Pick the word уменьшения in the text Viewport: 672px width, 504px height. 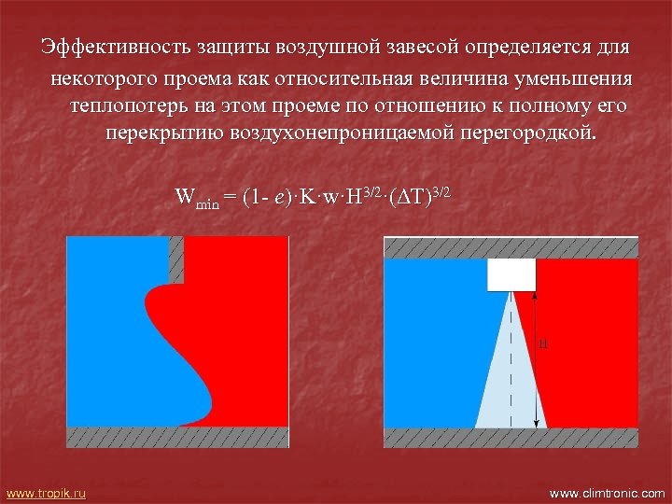pyautogui.click(x=575, y=77)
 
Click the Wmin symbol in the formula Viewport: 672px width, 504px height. pyautogui.click(x=197, y=199)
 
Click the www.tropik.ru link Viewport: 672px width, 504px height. pyautogui.click(x=46, y=492)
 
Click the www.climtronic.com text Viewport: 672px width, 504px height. pyautogui.click(x=608, y=492)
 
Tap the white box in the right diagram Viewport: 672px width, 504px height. pyautogui.click(x=511, y=274)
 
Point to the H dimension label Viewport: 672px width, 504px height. pyautogui.click(x=543, y=344)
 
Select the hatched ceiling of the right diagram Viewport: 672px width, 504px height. pyautogui.click(x=511, y=247)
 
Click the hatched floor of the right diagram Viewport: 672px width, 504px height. pyautogui.click(x=511, y=438)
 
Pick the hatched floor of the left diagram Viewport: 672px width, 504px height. pyautogui.click(x=177, y=437)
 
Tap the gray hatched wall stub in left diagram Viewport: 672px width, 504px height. pyautogui.click(x=176, y=258)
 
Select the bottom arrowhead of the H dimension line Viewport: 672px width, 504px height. pyautogui.click(x=536, y=424)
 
